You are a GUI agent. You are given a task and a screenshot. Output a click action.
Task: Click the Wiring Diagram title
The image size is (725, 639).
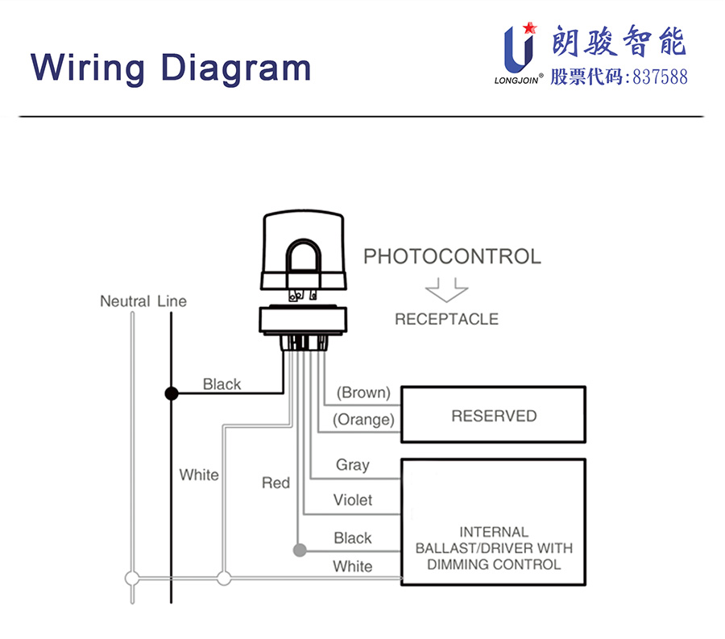pyautogui.click(x=171, y=68)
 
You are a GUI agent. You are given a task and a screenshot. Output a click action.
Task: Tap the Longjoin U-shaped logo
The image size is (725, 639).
pyautogui.click(x=520, y=48)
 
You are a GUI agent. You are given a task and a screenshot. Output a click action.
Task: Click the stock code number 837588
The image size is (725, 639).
pyautogui.click(x=660, y=77)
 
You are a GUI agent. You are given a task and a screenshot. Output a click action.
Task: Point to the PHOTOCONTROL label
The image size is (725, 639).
pyautogui.click(x=452, y=256)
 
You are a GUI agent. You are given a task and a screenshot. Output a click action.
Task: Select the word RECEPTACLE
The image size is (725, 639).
pyautogui.click(x=446, y=319)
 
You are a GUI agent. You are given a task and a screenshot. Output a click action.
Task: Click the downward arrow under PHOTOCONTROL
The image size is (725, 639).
pyautogui.click(x=446, y=290)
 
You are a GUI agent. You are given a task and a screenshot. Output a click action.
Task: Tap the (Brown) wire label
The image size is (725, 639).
pyautogui.click(x=363, y=392)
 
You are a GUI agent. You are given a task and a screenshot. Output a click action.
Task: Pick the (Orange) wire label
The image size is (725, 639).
pyautogui.click(x=363, y=420)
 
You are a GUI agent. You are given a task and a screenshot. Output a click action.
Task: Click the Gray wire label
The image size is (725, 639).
pyautogui.click(x=353, y=465)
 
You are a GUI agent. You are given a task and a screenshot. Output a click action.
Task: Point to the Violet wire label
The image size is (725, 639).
pyautogui.click(x=353, y=500)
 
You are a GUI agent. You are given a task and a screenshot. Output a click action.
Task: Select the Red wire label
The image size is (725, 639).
pyautogui.click(x=275, y=483)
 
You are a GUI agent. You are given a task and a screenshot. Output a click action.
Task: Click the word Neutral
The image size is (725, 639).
pyautogui.click(x=125, y=301)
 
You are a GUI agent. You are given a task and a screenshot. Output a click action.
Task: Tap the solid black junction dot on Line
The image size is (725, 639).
pyautogui.click(x=172, y=393)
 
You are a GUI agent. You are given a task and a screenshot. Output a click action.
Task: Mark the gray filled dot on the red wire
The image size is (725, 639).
pyautogui.click(x=300, y=550)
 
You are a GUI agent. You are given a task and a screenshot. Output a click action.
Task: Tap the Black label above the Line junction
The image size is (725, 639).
pyautogui.click(x=222, y=384)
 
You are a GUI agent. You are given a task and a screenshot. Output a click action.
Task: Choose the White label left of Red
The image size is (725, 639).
pyautogui.click(x=199, y=475)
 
